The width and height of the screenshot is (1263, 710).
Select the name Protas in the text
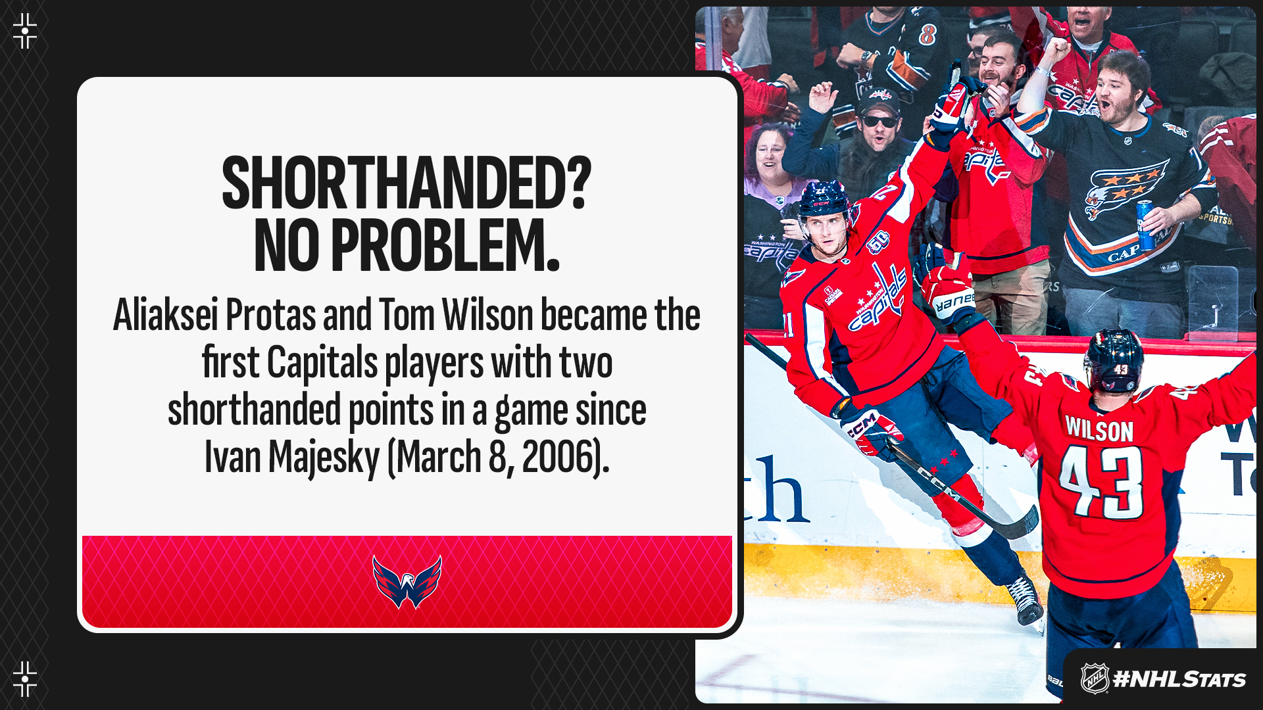click(x=270, y=316)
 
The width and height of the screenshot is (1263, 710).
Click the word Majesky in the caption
click(x=324, y=458)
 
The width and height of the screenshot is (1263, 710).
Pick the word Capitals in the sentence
click(x=322, y=363)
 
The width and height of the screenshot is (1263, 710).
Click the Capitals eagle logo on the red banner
click(x=407, y=582)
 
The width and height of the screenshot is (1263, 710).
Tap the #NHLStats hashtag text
click(x=1179, y=679)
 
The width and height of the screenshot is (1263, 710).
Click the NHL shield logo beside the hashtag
click(x=1095, y=678)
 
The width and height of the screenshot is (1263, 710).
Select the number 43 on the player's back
click(x=1102, y=481)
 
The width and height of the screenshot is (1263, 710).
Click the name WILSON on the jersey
click(x=1099, y=430)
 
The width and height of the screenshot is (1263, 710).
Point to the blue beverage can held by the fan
click(x=1145, y=225)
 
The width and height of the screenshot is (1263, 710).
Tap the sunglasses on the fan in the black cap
click(x=879, y=122)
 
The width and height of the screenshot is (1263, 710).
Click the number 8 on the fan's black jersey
click(x=928, y=34)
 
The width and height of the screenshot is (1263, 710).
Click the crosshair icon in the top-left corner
click(x=25, y=31)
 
